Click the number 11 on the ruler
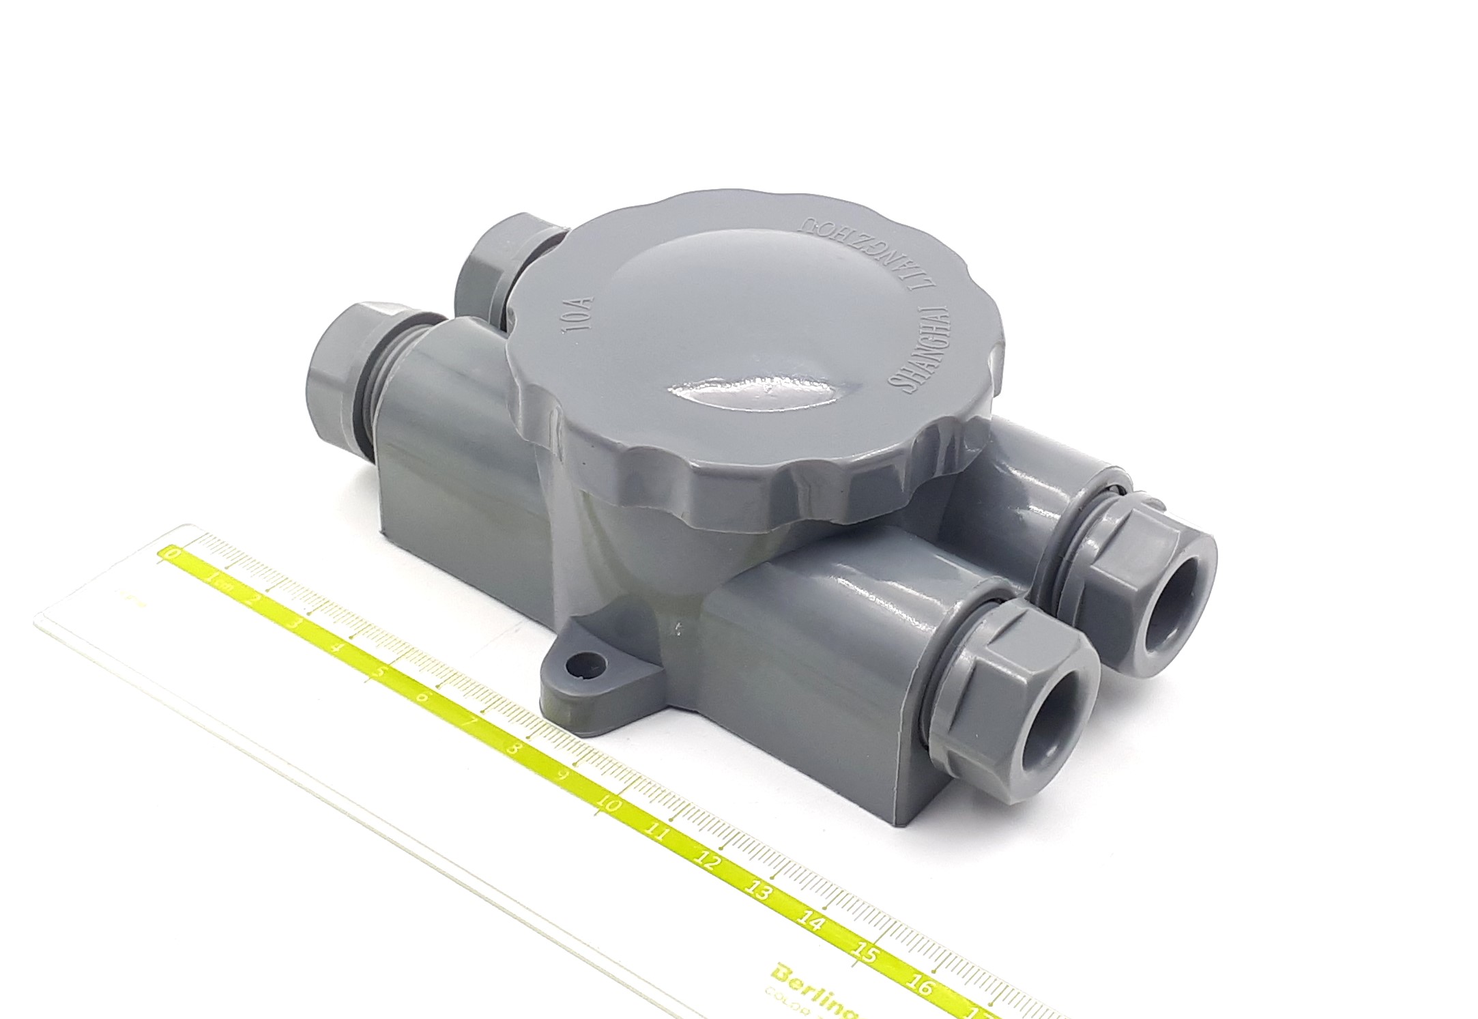658,833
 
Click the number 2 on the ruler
255,600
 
